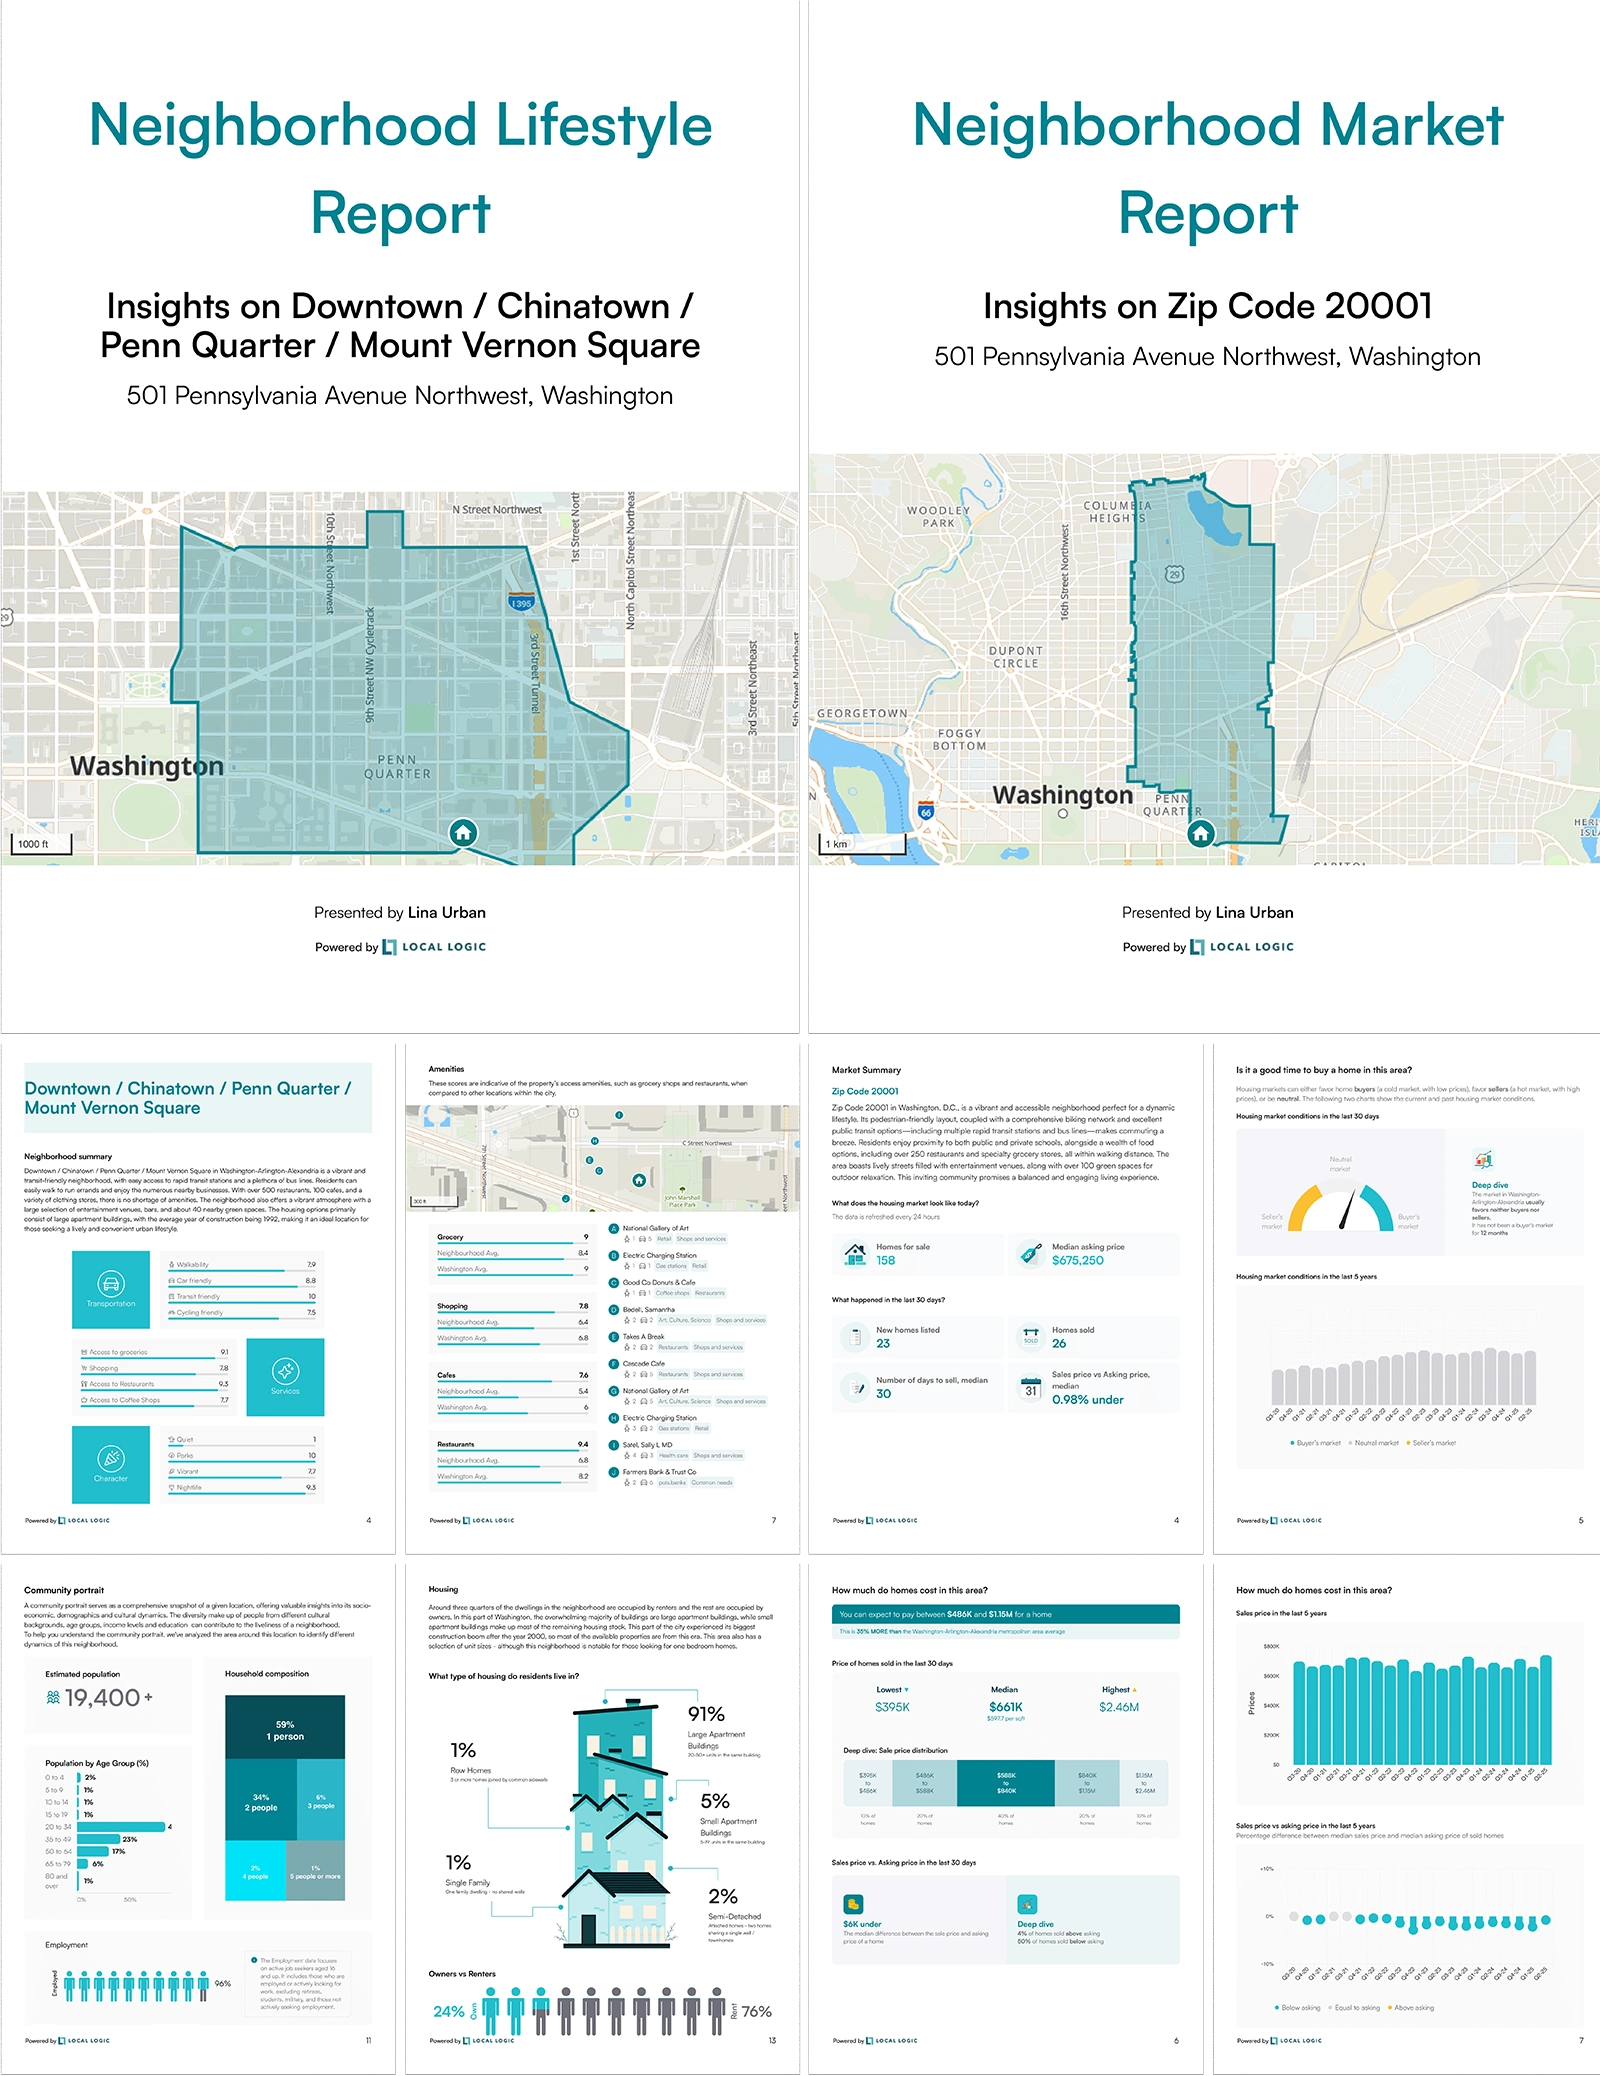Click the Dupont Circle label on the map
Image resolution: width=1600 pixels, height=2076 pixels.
coord(1015,657)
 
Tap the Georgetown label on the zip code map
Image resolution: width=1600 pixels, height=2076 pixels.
coord(862,713)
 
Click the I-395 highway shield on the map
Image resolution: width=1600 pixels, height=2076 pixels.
coord(521,603)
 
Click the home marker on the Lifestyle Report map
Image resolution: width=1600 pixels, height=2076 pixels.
coord(462,832)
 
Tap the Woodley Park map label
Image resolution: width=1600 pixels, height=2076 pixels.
coord(938,516)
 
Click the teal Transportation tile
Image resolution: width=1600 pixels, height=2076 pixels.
coord(111,1289)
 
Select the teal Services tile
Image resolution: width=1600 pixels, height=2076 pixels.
coord(285,1376)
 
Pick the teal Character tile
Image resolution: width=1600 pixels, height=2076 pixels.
coord(111,1464)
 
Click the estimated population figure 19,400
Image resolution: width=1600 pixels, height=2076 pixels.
coord(102,1698)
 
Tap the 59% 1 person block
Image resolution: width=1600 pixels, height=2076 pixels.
coord(285,1730)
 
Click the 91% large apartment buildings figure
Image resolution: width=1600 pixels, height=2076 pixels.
coord(706,1714)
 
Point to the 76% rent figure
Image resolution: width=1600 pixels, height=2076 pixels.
coord(756,2011)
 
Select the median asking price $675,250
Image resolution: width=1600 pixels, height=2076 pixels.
coord(1077,1260)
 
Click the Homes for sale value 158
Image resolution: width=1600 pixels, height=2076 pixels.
coord(885,1260)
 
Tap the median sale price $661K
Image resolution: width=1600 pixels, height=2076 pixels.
coord(1005,1707)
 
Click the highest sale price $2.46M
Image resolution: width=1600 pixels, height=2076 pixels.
coord(1118,1707)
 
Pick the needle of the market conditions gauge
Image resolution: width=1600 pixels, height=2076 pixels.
coord(1346,1210)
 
